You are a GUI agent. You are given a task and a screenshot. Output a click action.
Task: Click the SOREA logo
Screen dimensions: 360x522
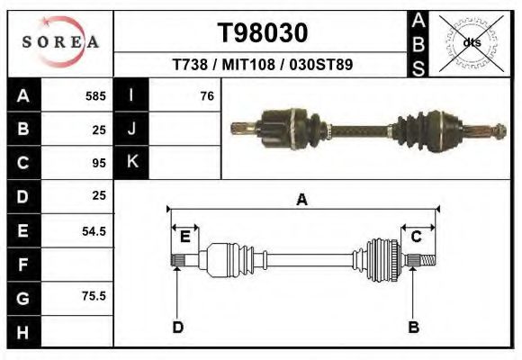point(60,41)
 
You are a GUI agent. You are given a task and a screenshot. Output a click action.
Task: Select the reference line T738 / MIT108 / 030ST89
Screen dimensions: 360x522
point(263,65)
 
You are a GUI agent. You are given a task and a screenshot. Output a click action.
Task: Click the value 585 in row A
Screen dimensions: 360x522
point(95,95)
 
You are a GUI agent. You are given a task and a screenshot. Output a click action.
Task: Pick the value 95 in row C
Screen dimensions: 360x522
point(99,163)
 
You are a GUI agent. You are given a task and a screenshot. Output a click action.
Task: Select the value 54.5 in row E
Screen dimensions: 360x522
point(94,230)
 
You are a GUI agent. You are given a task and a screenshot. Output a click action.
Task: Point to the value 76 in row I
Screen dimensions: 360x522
point(206,95)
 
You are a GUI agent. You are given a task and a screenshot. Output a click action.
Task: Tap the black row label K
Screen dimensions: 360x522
point(131,163)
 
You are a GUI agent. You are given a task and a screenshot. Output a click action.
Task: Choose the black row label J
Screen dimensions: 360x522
point(131,129)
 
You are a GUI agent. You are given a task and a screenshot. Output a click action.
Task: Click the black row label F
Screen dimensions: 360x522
point(23,264)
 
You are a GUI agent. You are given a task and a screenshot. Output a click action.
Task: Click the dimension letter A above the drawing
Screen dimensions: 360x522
point(301,200)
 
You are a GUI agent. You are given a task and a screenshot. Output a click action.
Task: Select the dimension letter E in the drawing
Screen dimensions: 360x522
point(184,237)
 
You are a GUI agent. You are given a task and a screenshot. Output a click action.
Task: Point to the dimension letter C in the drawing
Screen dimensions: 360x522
point(417,237)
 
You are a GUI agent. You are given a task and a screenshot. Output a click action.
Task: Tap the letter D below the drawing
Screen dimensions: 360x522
point(177,327)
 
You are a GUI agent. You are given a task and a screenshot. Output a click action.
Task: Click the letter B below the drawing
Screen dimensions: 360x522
point(413,327)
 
